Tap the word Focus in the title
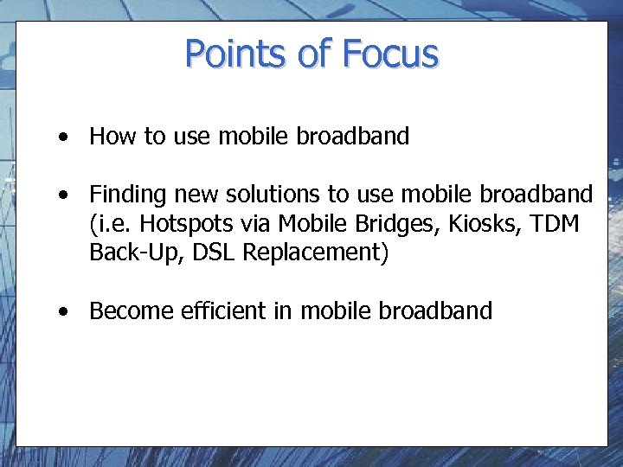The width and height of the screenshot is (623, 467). [x=390, y=54]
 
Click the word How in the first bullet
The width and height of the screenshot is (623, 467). [x=110, y=136]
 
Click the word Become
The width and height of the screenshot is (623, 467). [x=130, y=311]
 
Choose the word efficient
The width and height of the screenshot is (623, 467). [x=222, y=311]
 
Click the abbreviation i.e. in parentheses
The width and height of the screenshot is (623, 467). [x=110, y=224]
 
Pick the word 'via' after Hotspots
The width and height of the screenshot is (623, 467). [x=256, y=224]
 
